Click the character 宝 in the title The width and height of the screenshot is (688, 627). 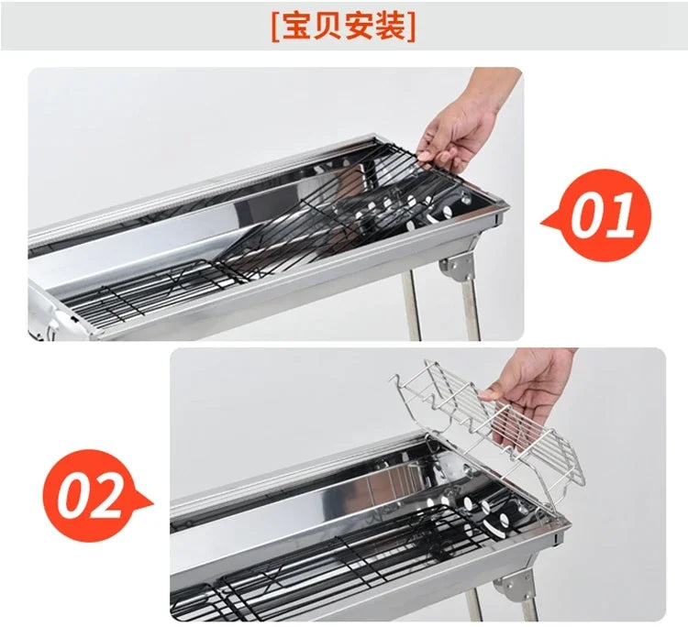pyautogui.click(x=295, y=27)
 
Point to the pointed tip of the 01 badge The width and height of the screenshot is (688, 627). pyautogui.click(x=544, y=220)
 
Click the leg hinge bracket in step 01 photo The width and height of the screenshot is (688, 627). pyautogui.click(x=456, y=269)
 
